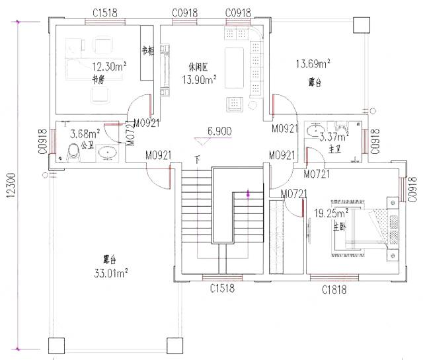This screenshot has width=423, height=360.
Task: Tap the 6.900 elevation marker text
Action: [219, 131]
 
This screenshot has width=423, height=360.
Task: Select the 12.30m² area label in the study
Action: [110, 67]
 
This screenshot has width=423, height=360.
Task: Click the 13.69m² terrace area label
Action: [313, 64]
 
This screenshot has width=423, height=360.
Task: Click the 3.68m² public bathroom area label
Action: [84, 133]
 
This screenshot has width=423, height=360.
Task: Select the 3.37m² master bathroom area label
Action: [334, 137]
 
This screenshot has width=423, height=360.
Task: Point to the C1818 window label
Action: [335, 289]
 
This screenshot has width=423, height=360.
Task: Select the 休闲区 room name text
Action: [198, 67]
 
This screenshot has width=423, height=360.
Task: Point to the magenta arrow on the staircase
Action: [248, 194]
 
